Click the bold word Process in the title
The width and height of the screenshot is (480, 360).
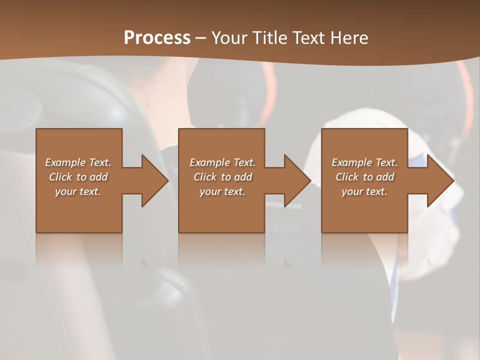[x=157, y=38]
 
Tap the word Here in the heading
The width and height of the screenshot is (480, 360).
[x=348, y=38]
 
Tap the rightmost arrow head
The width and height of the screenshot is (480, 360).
[x=439, y=180]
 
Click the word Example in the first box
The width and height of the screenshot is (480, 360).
[x=65, y=162]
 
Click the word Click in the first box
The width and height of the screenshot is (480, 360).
[x=60, y=177]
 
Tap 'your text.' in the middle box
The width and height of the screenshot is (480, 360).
[x=222, y=191]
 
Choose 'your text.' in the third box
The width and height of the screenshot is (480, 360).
[x=364, y=191]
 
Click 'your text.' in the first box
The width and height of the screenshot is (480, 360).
[x=78, y=191]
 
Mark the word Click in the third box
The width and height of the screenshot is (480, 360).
[x=347, y=177]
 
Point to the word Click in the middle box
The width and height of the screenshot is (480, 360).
[x=205, y=177]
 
